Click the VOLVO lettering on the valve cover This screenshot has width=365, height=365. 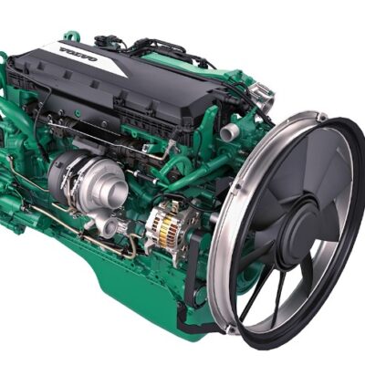pyautogui.click(x=78, y=54)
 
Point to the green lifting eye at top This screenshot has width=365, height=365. pyautogui.click(x=72, y=37)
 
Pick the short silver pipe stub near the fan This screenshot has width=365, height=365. pyautogui.click(x=229, y=131)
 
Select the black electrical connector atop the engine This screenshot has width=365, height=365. pyautogui.click(x=105, y=41)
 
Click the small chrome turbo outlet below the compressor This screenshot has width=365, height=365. pyautogui.click(x=108, y=226)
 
